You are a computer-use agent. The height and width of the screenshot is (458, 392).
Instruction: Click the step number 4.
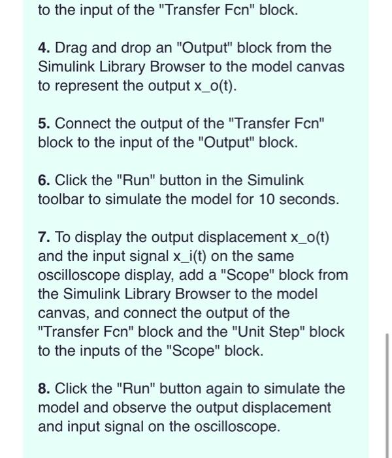pyautogui.click(x=43, y=48)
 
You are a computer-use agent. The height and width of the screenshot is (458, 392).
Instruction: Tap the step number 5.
pyautogui.click(x=43, y=124)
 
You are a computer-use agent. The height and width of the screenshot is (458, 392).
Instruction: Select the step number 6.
pyautogui.click(x=43, y=180)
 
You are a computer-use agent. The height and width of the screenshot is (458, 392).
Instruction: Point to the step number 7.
pyautogui.click(x=43, y=238)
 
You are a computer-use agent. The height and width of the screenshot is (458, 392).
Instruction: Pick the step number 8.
pyautogui.click(x=43, y=389)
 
